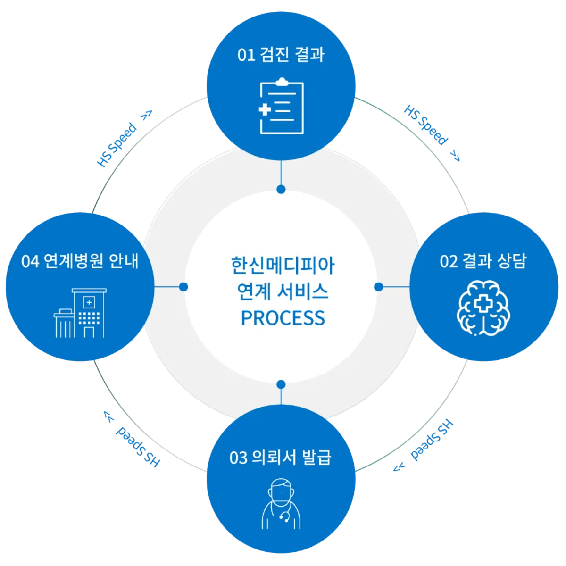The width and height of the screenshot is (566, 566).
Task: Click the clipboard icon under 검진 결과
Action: pyautogui.click(x=282, y=107)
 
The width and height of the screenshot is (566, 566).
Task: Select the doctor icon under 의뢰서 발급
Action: pyautogui.click(x=281, y=504)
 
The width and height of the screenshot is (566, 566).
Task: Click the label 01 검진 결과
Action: pyautogui.click(x=281, y=55)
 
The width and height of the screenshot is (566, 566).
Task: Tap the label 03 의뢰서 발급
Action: pyautogui.click(x=281, y=457)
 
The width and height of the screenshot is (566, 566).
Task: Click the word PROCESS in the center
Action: pyautogui.click(x=283, y=318)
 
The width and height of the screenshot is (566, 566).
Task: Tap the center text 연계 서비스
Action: pyautogui.click(x=283, y=291)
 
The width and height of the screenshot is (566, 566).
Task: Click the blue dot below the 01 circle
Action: pyautogui.click(x=281, y=189)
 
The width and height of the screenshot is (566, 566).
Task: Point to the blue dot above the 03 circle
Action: pyautogui.click(x=281, y=384)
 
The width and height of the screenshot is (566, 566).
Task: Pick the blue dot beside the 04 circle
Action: pyautogui.click(x=183, y=286)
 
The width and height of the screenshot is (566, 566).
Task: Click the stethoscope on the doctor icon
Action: pyautogui.click(x=284, y=517)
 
